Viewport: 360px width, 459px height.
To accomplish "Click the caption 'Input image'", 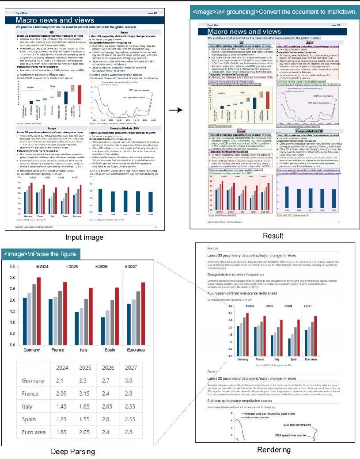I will tap(84, 237).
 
